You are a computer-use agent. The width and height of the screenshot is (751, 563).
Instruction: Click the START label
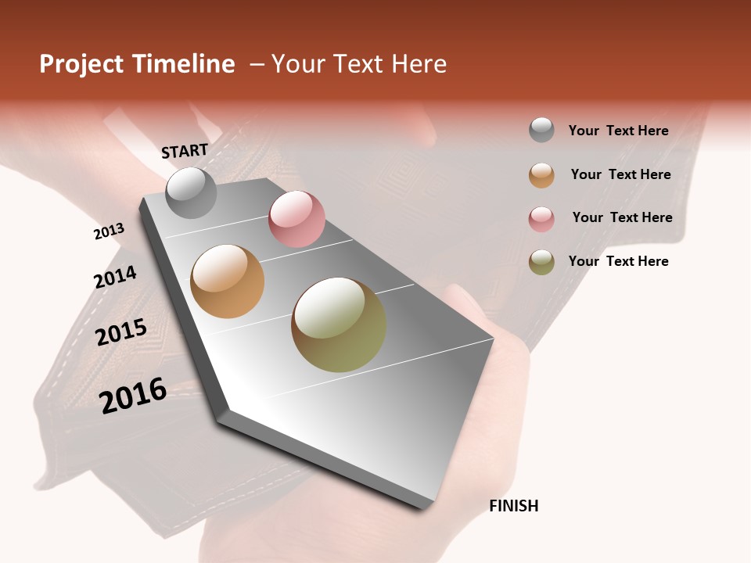pos(185,150)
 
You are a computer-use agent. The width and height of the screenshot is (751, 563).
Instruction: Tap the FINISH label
pos(514,506)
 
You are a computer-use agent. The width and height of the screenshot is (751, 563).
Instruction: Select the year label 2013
pos(109,231)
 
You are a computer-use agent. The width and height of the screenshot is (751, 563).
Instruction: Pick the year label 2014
pos(115,277)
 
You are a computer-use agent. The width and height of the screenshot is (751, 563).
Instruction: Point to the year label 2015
pos(121,332)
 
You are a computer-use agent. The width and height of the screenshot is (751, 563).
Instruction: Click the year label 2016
pos(134,395)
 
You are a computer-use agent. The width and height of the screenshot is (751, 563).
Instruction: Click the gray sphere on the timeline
pos(191,192)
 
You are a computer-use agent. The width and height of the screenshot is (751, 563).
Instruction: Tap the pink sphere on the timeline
pos(296,219)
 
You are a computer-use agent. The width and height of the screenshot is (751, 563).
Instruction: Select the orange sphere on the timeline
pos(228,281)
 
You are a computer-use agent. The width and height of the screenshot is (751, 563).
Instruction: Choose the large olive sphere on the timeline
pos(339,325)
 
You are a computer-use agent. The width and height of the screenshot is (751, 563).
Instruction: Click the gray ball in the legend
pos(541,130)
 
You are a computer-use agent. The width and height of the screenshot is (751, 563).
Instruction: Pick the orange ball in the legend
pos(541,175)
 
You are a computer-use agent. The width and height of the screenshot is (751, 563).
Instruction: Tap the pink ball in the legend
pos(541,219)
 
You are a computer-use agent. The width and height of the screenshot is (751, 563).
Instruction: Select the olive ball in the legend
pos(541,262)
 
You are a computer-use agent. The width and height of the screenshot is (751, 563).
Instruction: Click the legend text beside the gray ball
pos(618,131)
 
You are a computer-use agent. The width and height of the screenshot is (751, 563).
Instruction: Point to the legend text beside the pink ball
pos(622,217)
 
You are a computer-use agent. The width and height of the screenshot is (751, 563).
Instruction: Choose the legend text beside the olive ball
pos(618,261)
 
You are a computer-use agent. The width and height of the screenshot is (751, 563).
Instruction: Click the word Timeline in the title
pos(183,64)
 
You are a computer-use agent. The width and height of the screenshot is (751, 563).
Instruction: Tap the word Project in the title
pos(81,65)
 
